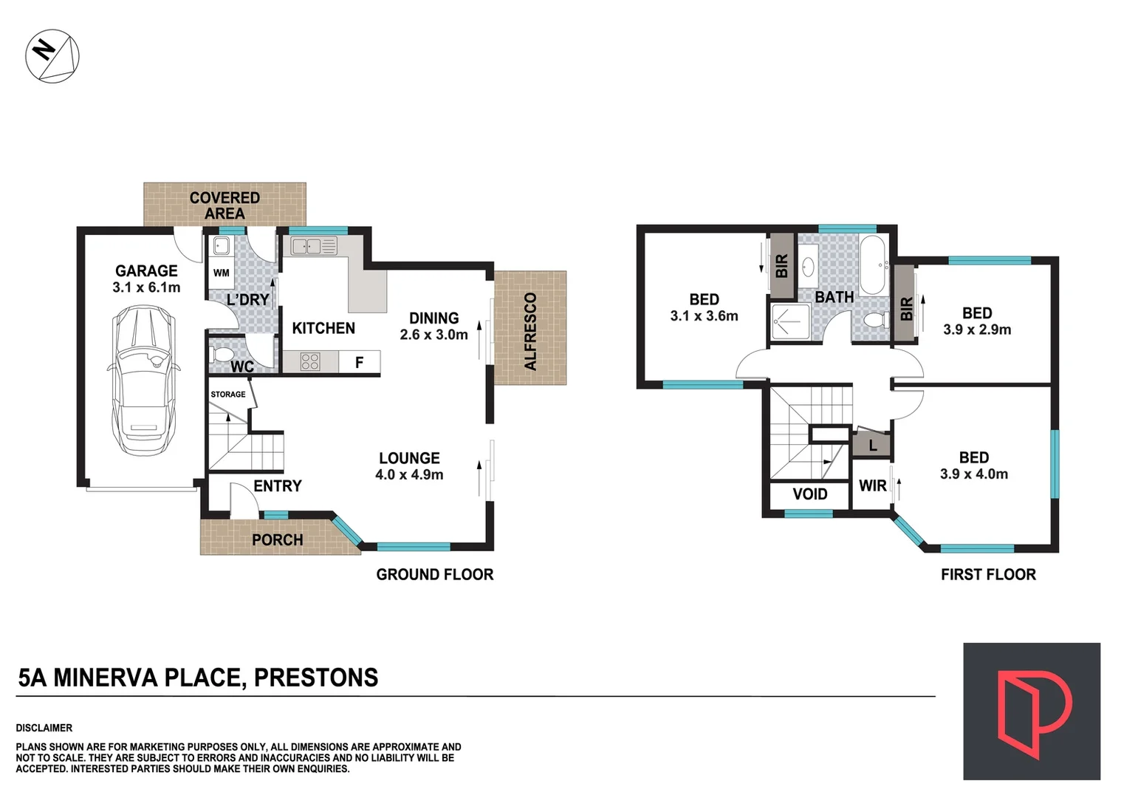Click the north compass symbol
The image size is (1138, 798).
pos(52,56)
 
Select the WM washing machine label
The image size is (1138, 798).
pos(221,273)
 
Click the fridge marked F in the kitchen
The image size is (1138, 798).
pos(360,362)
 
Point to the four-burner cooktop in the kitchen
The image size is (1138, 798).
pos(310,361)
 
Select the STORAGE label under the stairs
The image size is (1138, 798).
pos(227,395)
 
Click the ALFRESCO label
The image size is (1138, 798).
pos(530,332)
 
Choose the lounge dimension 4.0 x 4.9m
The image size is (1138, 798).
pos(409,475)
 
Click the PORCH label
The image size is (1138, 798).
pos(277,540)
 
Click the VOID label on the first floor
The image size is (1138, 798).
pos(809,494)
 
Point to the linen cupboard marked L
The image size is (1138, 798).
pos(872,446)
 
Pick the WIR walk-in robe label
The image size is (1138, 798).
pos(872,486)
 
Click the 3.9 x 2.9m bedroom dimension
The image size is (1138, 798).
pos(976,330)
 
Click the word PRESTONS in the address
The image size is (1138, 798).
pos(315,678)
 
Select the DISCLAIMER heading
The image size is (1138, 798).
pos(44,728)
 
